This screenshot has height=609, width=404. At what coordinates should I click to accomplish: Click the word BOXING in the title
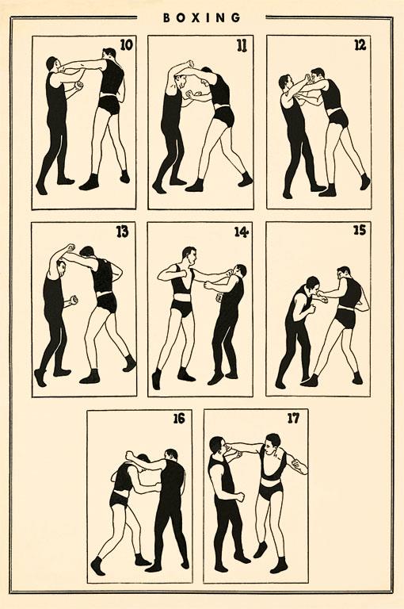pos(201,17)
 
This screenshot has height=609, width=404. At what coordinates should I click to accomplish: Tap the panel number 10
pos(127,45)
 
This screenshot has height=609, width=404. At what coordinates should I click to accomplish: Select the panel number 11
pos(242,46)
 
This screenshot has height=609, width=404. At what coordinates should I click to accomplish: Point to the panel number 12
pos(360,45)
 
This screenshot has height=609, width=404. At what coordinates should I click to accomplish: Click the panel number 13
pos(122,232)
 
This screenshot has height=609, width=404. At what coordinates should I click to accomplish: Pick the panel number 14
pos(241,232)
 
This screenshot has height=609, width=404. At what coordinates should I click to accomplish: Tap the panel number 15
pos(360,230)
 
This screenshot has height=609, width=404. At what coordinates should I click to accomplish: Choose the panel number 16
pos(179,419)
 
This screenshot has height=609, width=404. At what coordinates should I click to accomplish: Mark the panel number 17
pos(293,419)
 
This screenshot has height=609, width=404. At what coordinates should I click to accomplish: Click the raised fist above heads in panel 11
pos(189,63)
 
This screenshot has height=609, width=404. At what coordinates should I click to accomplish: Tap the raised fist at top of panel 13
pos(71,247)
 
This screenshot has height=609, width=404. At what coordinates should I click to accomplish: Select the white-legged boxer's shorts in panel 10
pos(109,104)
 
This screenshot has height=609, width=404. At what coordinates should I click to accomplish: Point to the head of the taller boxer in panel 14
pos(190,256)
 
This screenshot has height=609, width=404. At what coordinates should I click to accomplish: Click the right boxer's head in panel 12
pos(318,77)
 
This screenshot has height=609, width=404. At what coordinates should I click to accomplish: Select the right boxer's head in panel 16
pos(170,456)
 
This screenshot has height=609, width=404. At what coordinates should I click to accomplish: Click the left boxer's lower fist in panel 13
pos(73,301)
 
